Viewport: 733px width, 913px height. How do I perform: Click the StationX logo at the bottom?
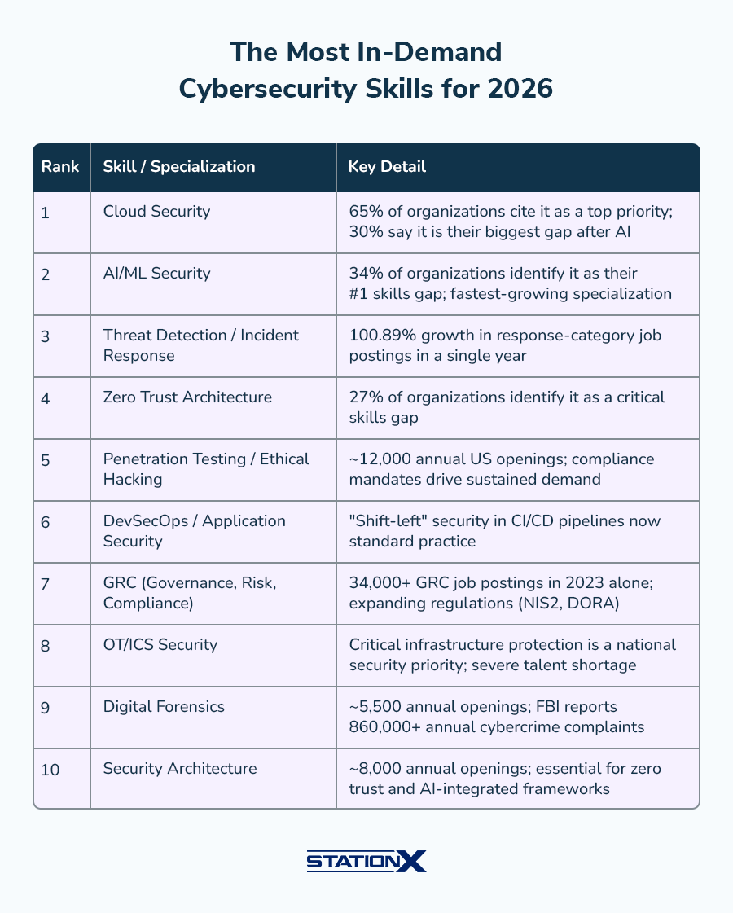point(366,861)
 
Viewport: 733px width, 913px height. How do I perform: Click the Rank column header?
point(60,167)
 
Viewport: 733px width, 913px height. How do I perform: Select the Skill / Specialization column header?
point(179,167)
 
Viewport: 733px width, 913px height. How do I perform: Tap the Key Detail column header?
point(387,167)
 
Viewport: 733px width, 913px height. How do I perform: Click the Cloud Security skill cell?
point(156,212)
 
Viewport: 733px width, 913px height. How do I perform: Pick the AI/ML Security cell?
point(156,274)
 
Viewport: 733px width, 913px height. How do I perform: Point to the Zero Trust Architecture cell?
point(187,397)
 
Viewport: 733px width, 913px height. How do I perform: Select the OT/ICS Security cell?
point(160,645)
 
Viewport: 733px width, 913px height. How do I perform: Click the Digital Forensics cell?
point(164,707)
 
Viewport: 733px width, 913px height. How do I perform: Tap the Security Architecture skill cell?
point(180,769)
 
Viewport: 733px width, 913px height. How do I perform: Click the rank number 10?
point(50,770)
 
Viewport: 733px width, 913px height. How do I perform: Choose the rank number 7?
point(45,584)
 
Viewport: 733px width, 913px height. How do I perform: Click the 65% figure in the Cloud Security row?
point(363,212)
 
